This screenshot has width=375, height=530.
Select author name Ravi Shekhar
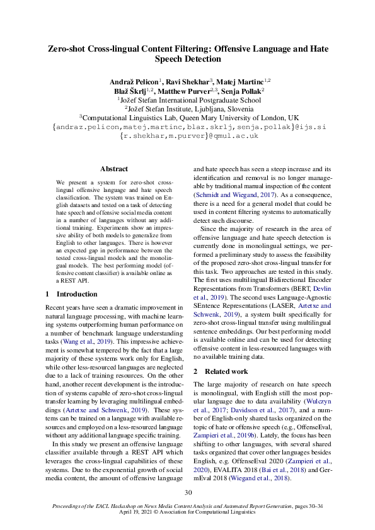pos(190,81)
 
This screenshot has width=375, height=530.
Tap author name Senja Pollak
pos(238,90)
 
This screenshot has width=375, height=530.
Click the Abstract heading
pos(114,169)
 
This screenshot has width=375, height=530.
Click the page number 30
pos(187,493)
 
